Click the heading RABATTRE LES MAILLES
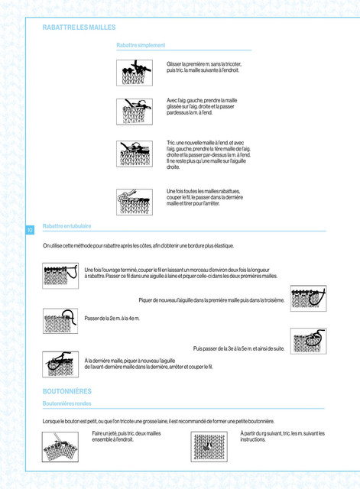point(79,28)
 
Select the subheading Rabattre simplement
point(141,45)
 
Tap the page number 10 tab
point(30,230)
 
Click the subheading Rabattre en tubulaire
point(66,226)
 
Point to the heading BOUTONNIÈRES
point(67,391)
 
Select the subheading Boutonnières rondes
point(66,403)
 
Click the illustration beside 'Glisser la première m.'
point(135,73)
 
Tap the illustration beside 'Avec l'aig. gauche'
point(135,112)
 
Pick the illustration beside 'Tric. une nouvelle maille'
point(135,154)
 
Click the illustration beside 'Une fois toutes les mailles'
point(135,202)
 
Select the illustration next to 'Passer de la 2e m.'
point(60,321)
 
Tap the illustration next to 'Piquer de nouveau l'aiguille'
point(309,298)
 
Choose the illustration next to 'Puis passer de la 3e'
point(309,341)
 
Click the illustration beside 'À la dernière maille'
point(60,364)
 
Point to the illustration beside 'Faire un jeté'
point(60,447)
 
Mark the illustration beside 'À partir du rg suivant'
point(209,447)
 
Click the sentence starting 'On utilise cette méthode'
point(138,246)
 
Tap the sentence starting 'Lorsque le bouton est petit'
point(158,421)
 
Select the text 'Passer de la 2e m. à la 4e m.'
point(112,319)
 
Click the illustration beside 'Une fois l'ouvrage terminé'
point(60,276)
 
